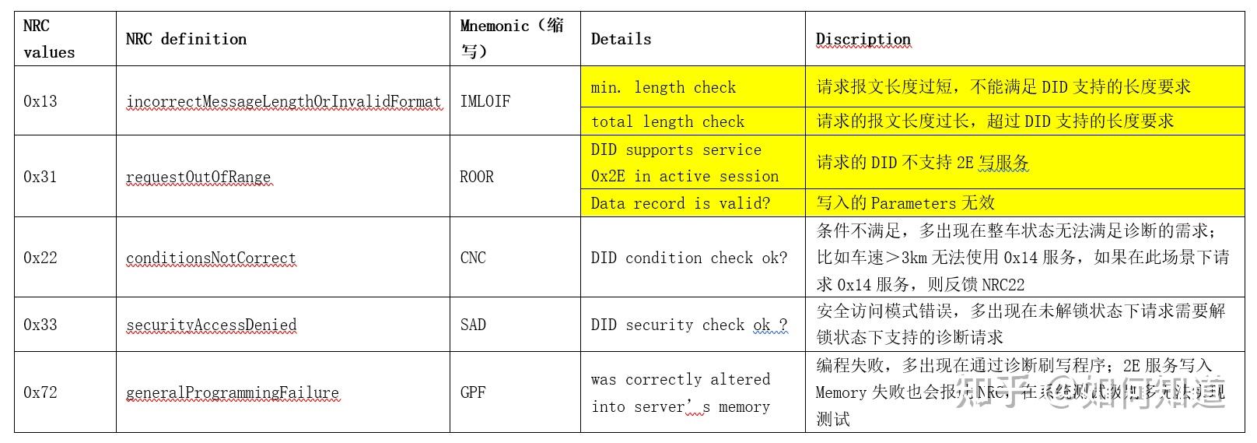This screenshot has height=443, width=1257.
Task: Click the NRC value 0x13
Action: [40, 101]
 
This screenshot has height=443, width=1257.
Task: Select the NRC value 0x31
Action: [40, 177]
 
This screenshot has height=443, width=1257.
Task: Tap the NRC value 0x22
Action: [40, 258]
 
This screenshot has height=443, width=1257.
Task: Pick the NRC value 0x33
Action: [40, 325]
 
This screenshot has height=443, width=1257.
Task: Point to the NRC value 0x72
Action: [40, 392]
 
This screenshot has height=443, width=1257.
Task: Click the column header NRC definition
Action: [186, 39]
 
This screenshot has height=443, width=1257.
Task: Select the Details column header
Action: [621, 39]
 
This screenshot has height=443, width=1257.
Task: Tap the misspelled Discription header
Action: [863, 39]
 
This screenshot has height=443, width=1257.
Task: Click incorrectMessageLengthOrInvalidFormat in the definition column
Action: [283, 101]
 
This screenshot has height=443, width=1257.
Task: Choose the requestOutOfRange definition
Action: [198, 177]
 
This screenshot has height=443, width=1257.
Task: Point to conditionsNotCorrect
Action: [211, 258]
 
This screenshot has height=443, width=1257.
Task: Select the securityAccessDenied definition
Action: [211, 325]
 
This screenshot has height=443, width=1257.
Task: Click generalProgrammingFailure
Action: [233, 392]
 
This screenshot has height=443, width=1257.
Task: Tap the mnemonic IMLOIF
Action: [485, 101]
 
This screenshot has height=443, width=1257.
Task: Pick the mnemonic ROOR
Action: [477, 177]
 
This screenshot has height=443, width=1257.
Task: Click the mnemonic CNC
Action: [473, 258]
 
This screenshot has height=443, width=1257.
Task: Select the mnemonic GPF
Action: [473, 392]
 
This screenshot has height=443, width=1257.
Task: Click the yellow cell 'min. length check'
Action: [663, 87]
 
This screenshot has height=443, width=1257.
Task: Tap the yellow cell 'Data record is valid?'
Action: [680, 203]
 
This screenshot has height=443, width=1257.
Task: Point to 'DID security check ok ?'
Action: [688, 325]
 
